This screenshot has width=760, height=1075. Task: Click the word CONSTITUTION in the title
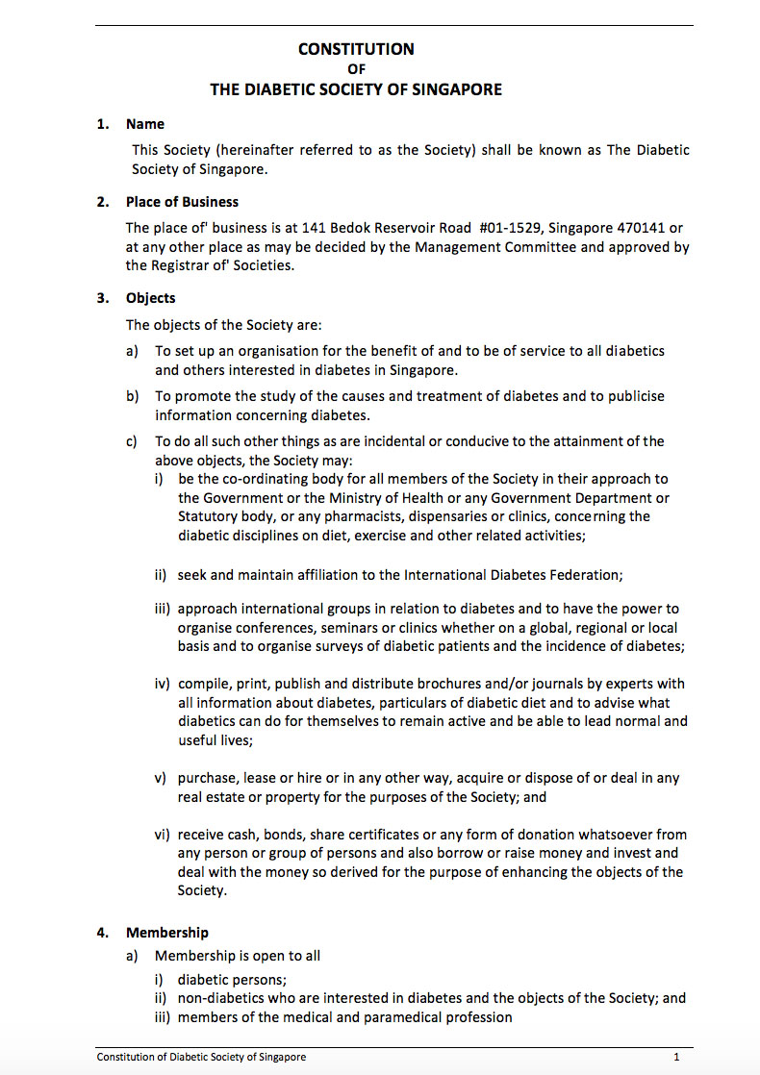click(356, 49)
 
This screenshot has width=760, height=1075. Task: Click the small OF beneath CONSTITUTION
click(356, 69)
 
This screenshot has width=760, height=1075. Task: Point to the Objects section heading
click(150, 298)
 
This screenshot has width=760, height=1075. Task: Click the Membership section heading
click(166, 933)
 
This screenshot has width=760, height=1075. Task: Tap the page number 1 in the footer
click(676, 1057)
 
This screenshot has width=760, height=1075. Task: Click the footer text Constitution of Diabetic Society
click(201, 1057)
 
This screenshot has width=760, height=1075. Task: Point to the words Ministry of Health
click(378, 498)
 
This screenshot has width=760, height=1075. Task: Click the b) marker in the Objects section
click(133, 396)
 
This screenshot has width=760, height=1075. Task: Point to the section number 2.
click(102, 202)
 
